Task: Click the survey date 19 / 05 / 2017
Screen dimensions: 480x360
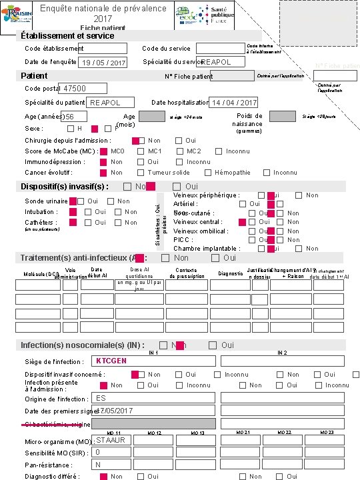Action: (102, 63)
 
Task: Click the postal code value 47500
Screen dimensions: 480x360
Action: (83, 89)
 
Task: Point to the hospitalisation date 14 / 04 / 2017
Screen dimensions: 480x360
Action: (233, 103)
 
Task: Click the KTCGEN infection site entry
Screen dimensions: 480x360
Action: (153, 361)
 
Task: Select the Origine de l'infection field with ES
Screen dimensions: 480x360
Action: (153, 398)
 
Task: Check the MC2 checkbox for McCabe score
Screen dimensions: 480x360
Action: (179, 151)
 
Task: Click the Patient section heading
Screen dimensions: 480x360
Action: (34, 75)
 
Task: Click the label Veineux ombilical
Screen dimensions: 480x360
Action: (201, 231)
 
